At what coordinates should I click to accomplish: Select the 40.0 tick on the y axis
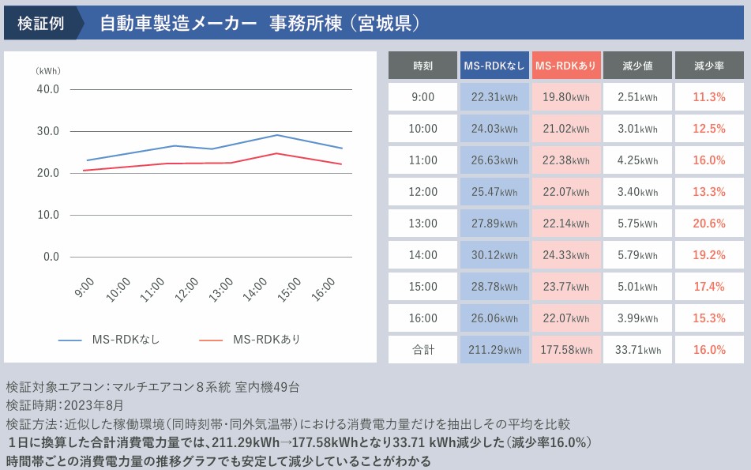[x=48, y=89]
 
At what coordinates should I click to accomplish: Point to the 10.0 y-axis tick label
[x=48, y=215]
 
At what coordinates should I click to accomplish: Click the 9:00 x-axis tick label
[x=84, y=287]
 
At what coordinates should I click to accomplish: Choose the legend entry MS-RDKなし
[x=110, y=340]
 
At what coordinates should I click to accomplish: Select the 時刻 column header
[x=422, y=66]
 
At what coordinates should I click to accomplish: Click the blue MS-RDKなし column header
[x=494, y=66]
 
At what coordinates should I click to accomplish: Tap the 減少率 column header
[x=708, y=66]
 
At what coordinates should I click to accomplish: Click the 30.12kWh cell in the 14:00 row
[x=494, y=255]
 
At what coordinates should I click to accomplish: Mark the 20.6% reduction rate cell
[x=708, y=224]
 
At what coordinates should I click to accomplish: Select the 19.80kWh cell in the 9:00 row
[x=566, y=97]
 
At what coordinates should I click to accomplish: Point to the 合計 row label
[x=422, y=350]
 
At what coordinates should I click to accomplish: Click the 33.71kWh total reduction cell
[x=637, y=350]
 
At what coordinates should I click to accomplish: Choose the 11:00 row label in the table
[x=422, y=160]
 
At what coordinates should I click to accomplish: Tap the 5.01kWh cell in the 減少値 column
[x=637, y=287]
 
